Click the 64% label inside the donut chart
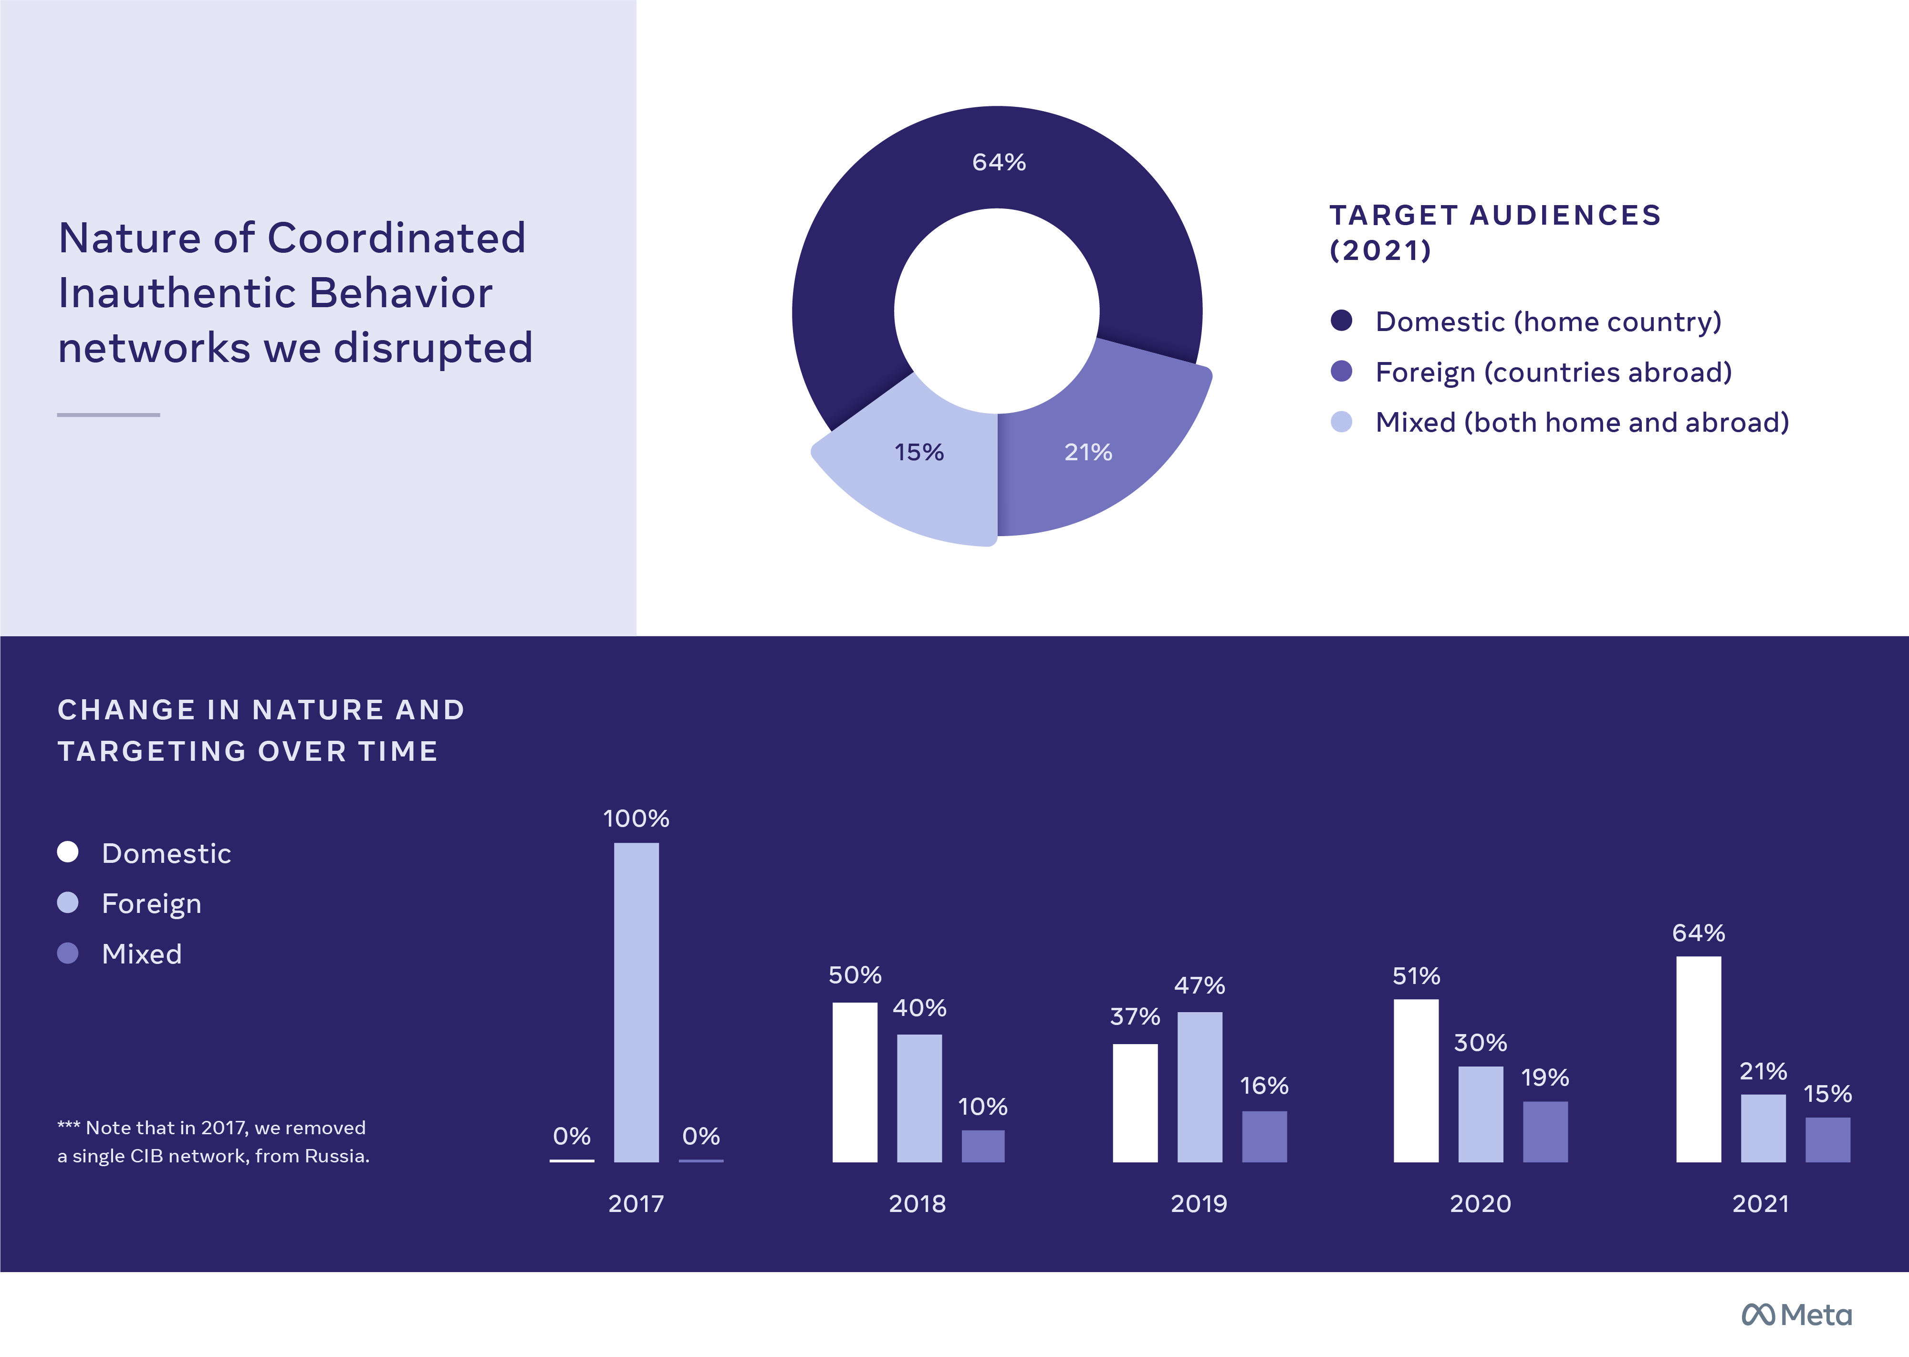click(999, 162)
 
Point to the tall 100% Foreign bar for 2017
click(636, 1003)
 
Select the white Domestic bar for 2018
click(854, 1082)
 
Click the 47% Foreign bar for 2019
click(1200, 1086)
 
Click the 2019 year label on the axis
click(1199, 1203)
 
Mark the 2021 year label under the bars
click(1760, 1203)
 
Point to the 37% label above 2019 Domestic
click(1134, 1017)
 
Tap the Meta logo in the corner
click(1796, 1315)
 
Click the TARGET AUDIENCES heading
click(1494, 216)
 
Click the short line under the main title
click(109, 414)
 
